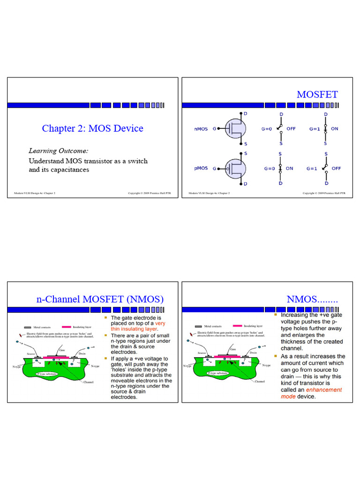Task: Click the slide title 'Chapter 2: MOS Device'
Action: (x=92, y=128)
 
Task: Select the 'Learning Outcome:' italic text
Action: (x=59, y=150)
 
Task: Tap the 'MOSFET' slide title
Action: (x=317, y=94)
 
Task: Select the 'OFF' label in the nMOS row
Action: (x=291, y=128)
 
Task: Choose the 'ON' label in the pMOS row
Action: (x=289, y=168)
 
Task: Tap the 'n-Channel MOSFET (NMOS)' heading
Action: (x=100, y=299)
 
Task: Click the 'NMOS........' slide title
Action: (x=312, y=299)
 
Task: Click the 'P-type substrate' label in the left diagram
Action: (x=50, y=374)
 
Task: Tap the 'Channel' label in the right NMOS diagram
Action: (x=260, y=382)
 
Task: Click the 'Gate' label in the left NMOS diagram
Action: (x=62, y=349)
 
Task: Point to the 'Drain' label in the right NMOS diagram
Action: (x=253, y=352)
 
